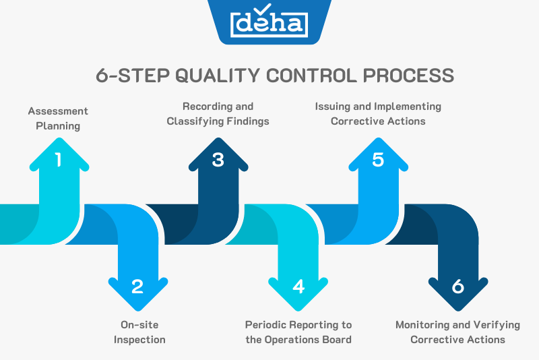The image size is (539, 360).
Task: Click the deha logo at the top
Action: [x=269, y=24]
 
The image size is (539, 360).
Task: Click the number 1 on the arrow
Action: [x=58, y=160]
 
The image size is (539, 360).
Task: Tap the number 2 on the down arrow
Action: [x=137, y=287]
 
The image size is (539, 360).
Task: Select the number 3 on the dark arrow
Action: [x=218, y=160]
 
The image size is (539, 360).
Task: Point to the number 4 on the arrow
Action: [x=298, y=287]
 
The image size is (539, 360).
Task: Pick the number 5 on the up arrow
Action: [x=378, y=160]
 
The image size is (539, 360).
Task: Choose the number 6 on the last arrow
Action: [x=458, y=287]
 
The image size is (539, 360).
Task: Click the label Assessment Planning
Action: [x=58, y=118]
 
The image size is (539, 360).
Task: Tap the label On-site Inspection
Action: [x=139, y=332]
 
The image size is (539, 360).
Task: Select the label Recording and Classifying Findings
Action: [x=218, y=114]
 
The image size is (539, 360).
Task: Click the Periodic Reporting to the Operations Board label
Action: [x=298, y=332]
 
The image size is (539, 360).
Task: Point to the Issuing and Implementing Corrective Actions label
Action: [x=378, y=114]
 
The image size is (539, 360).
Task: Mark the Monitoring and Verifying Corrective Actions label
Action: [x=457, y=332]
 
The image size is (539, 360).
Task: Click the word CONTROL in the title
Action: [x=311, y=75]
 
